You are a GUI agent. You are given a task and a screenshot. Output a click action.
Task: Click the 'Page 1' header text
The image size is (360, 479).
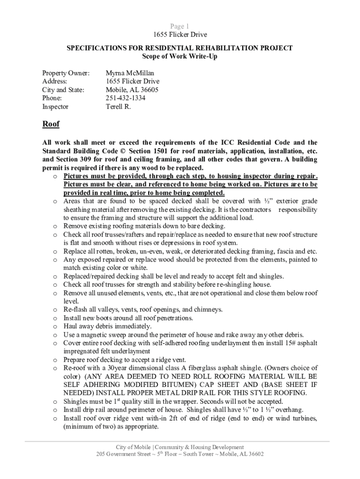180,26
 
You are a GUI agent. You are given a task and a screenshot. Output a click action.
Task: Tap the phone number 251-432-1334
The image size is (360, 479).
125,98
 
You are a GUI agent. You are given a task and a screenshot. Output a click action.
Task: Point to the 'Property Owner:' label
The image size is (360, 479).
65,73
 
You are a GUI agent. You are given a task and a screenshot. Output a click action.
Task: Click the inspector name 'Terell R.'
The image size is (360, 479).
118,107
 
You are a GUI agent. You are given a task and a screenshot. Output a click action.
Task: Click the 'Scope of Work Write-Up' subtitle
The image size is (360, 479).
180,56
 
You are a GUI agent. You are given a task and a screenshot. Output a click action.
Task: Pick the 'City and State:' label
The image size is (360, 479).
63,90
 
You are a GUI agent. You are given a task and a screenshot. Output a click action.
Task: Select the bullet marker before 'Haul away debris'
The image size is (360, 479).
55,327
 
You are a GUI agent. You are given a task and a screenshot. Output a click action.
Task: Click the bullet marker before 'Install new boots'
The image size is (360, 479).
55,318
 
